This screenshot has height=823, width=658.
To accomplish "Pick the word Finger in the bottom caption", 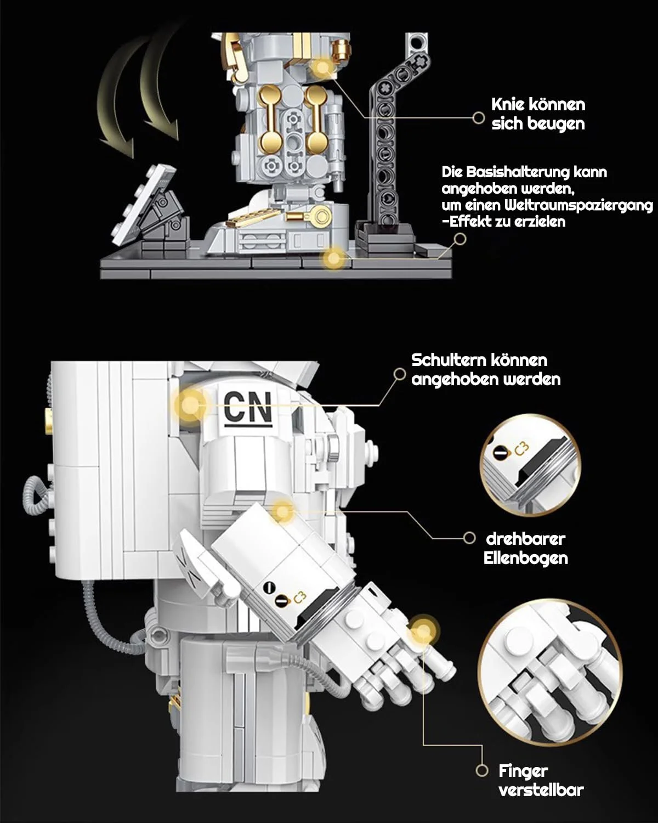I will pos(523,771).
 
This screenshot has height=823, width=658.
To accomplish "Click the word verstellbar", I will pos(541,790).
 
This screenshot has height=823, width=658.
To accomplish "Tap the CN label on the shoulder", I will pos(247,407).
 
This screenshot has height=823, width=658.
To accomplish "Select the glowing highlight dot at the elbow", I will pos(283,511).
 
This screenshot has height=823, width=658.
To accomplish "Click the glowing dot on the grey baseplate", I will pos(333,257).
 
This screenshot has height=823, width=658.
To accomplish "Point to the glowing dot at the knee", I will pos(322,68).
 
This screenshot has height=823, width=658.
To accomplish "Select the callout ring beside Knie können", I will pos(479,116).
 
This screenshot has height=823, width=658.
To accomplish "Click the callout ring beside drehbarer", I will pos(469,538).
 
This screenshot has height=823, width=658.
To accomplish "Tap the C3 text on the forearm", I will pos(299,597).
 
